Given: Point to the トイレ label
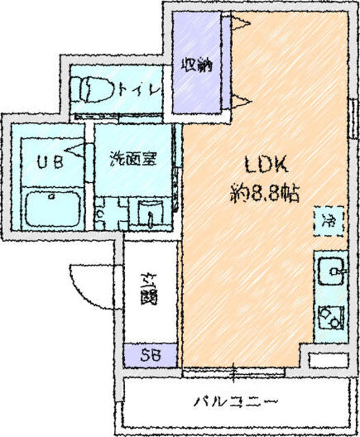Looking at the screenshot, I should (140, 89).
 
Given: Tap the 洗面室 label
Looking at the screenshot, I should (134, 160).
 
